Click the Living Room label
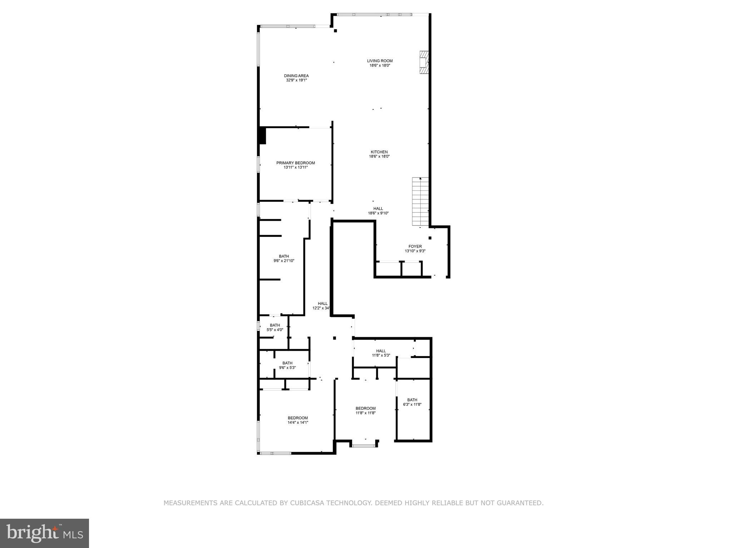coord(380,61)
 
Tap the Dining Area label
coord(296,76)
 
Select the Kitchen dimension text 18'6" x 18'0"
coord(379,156)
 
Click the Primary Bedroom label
coord(295,163)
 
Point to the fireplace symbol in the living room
coord(424,62)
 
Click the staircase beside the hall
coord(420,201)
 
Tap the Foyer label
coord(415,246)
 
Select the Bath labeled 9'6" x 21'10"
coord(284,258)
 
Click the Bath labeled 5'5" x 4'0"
coord(274,327)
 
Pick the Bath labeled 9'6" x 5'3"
coord(287,365)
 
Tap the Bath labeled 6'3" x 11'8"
coord(412,402)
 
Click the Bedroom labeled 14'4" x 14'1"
coord(298,420)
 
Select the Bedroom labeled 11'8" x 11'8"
coord(365,410)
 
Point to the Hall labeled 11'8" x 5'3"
coord(381,353)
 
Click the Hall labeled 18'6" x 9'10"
coord(378,211)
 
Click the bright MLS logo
coord(44,533)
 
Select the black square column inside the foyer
coord(430,238)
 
